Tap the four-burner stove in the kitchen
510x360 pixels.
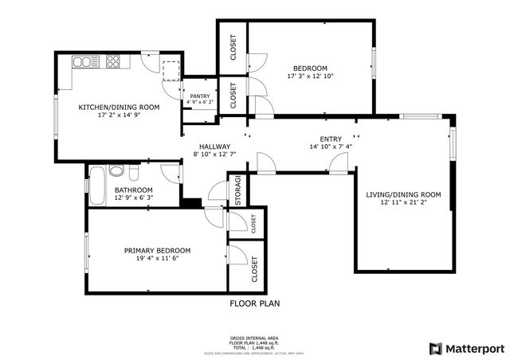click(x=112, y=61)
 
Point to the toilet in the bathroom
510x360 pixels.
click(x=134, y=172)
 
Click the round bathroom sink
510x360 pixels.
click(x=116, y=170)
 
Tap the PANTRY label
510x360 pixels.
click(x=199, y=96)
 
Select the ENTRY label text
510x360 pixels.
click(x=331, y=139)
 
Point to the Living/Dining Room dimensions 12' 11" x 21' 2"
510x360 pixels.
click(x=403, y=203)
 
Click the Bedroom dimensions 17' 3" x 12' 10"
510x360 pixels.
click(x=310, y=76)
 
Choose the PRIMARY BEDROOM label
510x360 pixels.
click(x=157, y=250)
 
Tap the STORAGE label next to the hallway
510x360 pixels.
click(x=237, y=191)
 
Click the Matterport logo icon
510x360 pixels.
click(x=434, y=348)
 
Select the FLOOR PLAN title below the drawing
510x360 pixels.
click(x=255, y=303)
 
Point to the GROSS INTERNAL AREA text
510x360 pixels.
click(x=255, y=338)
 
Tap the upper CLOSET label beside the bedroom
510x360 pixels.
click(x=233, y=47)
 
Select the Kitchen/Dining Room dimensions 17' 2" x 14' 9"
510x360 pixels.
click(x=119, y=115)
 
